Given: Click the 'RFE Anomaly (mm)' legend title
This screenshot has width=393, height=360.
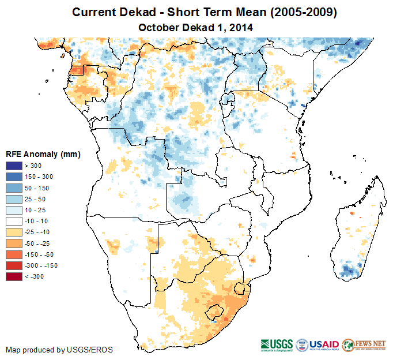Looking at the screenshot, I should click(43, 155).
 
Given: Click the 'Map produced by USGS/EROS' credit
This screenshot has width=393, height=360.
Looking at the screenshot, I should click(59, 350).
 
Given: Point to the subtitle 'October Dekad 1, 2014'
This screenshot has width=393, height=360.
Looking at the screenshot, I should click(196, 27).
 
